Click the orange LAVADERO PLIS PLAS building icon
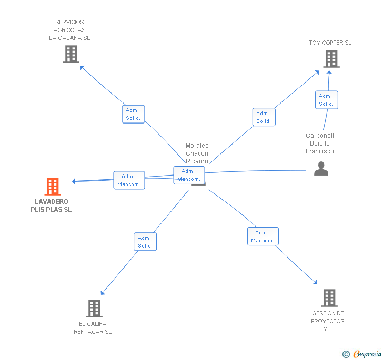53,187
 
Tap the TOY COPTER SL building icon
331,59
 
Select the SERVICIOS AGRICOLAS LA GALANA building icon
71,54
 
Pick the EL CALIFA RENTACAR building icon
94,308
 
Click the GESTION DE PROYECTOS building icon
329,298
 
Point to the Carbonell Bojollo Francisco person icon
321,169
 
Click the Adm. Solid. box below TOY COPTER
327,100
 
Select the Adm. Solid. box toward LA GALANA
134,114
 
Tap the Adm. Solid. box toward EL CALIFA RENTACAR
145,242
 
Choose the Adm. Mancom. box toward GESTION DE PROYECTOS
263,236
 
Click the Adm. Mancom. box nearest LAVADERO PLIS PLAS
129,180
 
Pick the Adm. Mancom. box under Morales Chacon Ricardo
189,175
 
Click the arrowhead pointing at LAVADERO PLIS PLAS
74,181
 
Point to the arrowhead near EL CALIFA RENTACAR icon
103,293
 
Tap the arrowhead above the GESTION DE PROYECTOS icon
315,282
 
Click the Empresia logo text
367,354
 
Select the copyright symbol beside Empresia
346,354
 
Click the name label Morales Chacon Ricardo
197,153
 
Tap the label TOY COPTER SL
330,43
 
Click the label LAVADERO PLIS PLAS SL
52,205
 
